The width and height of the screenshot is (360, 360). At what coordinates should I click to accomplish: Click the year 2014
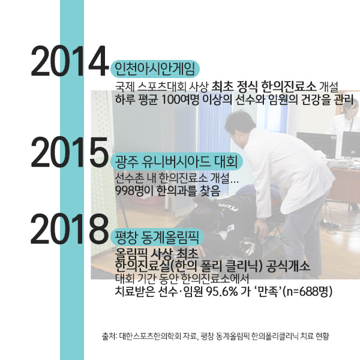click(x=68, y=61)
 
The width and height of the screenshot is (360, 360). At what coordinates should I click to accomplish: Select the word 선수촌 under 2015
click(x=128, y=179)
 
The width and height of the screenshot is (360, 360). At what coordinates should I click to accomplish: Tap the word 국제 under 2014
click(x=123, y=85)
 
